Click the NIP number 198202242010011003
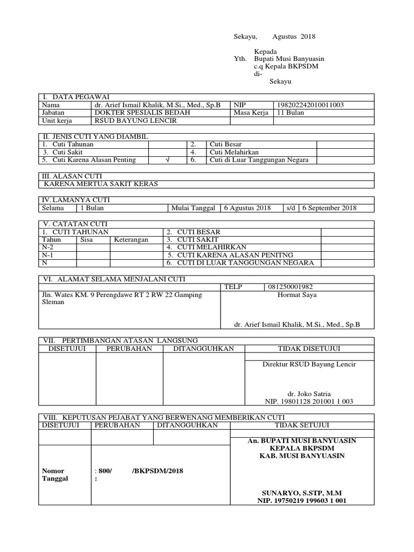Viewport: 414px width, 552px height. pyautogui.click(x=310, y=105)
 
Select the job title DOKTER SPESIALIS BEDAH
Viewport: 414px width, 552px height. pyautogui.click(x=134, y=113)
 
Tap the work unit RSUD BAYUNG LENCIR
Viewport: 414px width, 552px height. pyautogui.click(x=127, y=121)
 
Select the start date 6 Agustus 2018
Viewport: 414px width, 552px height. pyautogui.click(x=247, y=208)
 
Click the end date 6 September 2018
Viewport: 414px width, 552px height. pyautogui.click(x=329, y=208)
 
